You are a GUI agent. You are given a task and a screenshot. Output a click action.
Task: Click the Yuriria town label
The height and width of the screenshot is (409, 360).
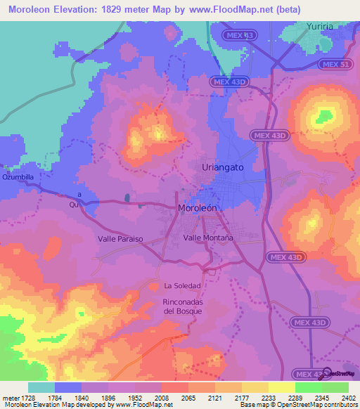[320, 27]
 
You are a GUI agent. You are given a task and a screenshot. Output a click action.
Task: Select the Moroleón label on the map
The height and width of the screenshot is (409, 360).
[205, 209]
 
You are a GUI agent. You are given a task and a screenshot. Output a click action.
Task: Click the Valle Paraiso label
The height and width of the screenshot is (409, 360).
[120, 239]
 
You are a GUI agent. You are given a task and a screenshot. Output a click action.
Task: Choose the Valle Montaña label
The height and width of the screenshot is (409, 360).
[208, 238]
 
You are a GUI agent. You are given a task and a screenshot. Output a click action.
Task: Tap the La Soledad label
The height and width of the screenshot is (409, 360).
[182, 285]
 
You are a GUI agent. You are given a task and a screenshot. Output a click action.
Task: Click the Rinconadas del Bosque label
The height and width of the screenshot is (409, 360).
[182, 306]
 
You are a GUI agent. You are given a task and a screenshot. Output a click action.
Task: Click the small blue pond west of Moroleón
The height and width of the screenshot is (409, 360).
[127, 198]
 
